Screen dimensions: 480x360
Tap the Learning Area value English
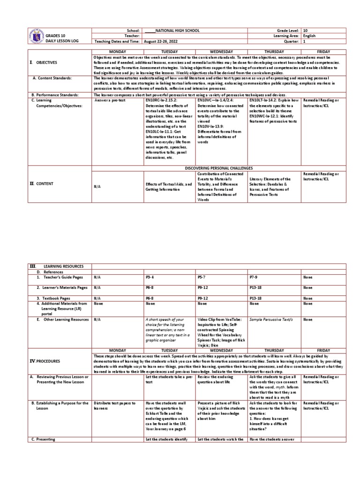click(309, 36)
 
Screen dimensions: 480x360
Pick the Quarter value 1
click(305, 41)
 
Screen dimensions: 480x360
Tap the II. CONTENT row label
click(42, 184)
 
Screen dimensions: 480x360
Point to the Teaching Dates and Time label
click(117, 41)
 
